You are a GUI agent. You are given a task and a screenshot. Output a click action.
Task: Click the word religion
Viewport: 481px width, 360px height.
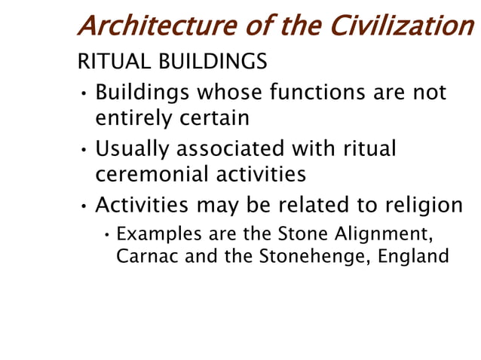[419, 203]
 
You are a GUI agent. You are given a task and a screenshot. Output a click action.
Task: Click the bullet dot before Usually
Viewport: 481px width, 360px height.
[84, 149]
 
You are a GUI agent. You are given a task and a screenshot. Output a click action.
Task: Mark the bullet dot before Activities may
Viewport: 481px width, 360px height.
[84, 205]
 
